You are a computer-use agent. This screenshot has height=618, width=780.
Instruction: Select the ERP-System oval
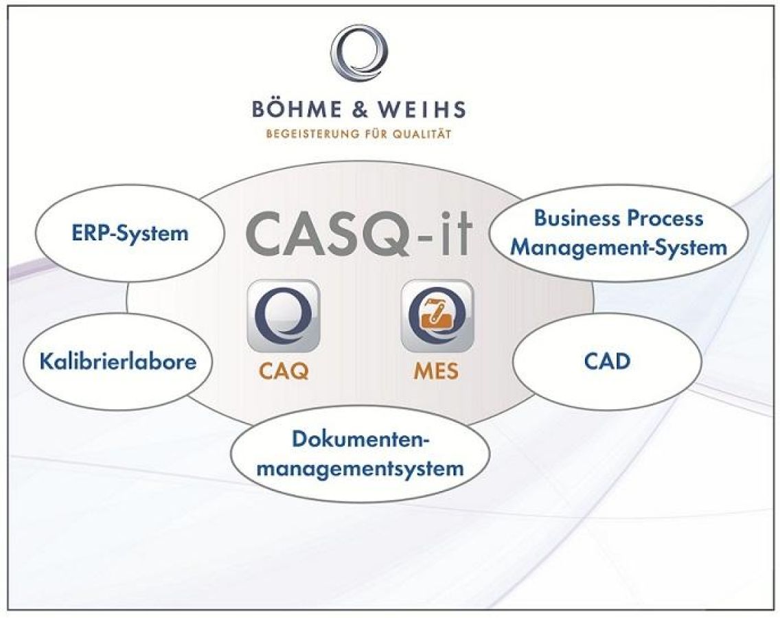[x=130, y=233]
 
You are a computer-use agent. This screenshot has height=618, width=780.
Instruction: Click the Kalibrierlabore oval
[x=118, y=361]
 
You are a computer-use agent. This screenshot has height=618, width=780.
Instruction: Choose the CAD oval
[x=607, y=360]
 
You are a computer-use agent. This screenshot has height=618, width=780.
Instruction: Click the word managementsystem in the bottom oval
[x=360, y=469]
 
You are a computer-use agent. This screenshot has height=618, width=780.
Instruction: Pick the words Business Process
[x=618, y=218]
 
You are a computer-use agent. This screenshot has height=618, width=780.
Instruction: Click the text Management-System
[x=618, y=247]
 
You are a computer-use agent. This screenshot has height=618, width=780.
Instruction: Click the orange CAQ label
[x=284, y=371]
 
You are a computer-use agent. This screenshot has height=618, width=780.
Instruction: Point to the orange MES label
[x=436, y=371]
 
